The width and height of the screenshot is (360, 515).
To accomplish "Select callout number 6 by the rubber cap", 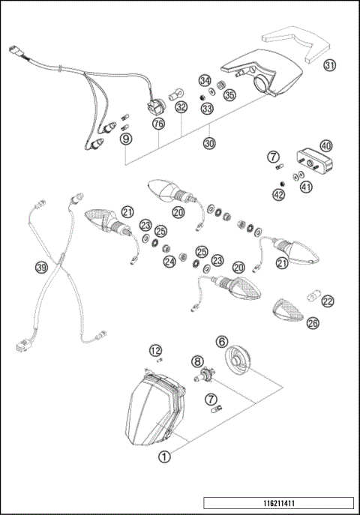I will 222,340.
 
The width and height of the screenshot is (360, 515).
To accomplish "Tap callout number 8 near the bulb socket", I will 197,361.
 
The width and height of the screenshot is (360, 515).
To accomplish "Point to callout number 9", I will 126,138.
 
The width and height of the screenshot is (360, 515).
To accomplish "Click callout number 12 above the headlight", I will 155,350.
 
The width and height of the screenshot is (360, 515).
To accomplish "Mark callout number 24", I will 169,262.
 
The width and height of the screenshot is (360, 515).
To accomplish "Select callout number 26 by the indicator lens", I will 312,323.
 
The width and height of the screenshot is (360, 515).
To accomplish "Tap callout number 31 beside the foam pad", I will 330,67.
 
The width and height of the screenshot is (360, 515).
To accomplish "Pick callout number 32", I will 180,108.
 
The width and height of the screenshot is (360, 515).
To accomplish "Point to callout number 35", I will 229,95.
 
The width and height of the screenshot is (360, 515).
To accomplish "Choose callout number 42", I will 279,195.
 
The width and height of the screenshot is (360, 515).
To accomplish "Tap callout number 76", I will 158,122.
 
